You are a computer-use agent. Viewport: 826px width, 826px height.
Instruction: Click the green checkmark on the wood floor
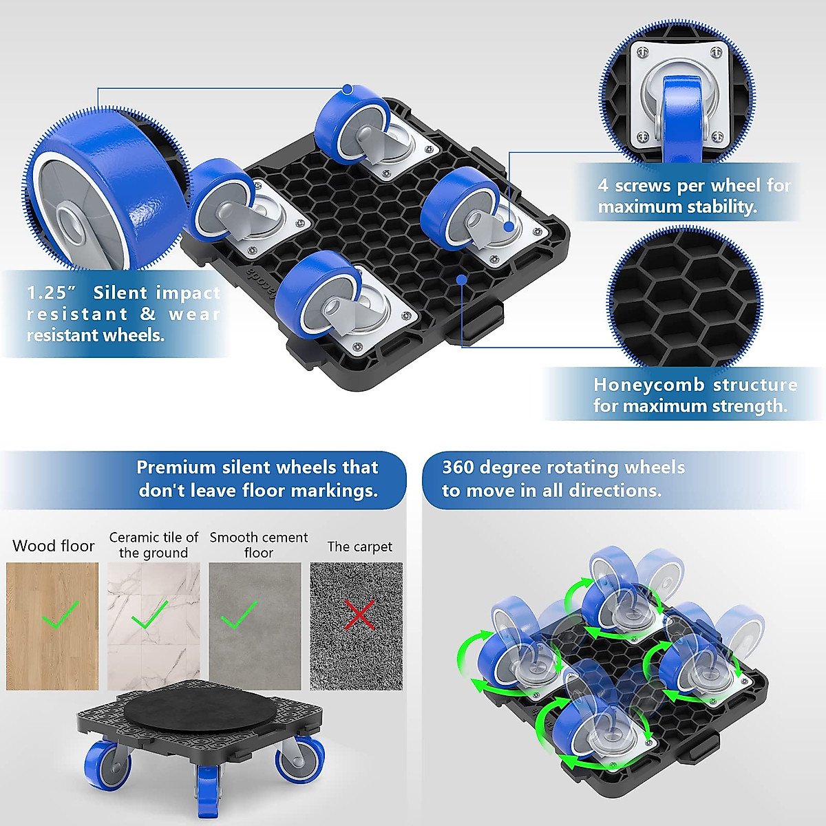click(x=60, y=615)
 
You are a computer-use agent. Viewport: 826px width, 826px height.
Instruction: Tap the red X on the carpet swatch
click(x=359, y=615)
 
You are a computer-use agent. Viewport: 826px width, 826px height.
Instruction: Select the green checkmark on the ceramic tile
click(x=149, y=615)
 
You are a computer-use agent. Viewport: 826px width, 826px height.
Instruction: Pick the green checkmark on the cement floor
click(x=239, y=615)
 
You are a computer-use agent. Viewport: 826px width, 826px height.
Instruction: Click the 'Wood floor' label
click(x=53, y=546)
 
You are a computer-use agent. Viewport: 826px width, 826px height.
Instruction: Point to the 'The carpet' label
click(x=359, y=547)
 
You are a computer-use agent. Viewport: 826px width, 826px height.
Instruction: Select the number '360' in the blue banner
click(x=458, y=467)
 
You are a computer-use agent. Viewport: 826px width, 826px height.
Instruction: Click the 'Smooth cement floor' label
click(x=259, y=544)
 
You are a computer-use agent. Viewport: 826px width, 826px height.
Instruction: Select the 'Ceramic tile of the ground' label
click(x=153, y=544)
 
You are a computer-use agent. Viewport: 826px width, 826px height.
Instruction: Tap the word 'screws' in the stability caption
click(x=642, y=186)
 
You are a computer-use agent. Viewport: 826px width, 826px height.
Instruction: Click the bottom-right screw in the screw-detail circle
click(x=717, y=137)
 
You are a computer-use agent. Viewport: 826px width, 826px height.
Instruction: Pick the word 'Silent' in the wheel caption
click(x=120, y=293)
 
